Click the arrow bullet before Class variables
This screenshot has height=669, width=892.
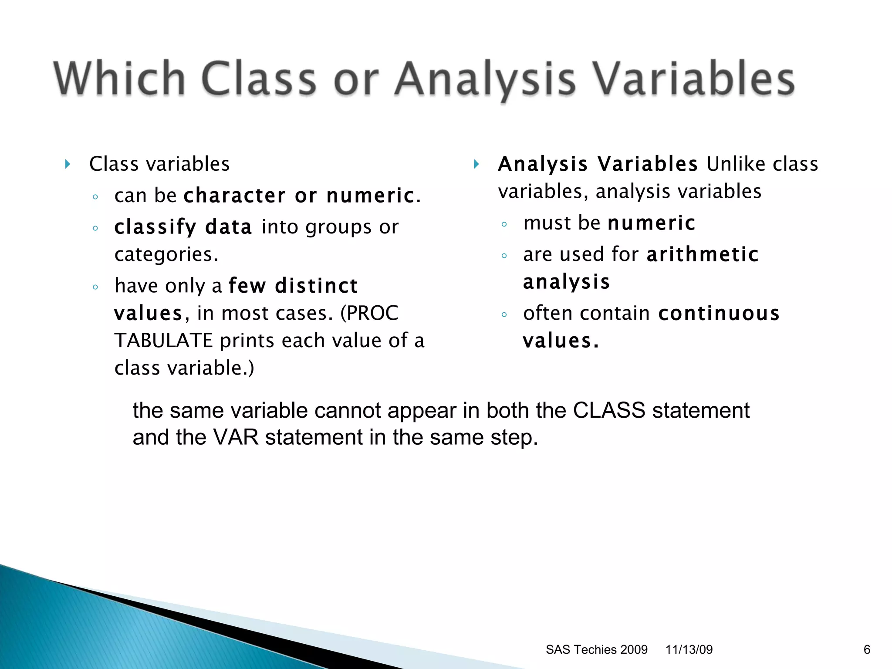click(68, 164)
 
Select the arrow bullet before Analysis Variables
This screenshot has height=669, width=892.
click(476, 164)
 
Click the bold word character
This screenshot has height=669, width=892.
click(235, 196)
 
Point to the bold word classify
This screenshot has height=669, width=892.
click(155, 227)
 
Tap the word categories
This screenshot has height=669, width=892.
click(166, 254)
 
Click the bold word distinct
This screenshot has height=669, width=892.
click(316, 286)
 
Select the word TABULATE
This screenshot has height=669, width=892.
click(163, 341)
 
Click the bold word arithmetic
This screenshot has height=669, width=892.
click(703, 254)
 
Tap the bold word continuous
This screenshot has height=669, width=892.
click(719, 314)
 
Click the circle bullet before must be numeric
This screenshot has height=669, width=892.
click(504, 224)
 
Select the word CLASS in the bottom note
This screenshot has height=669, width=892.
click(608, 410)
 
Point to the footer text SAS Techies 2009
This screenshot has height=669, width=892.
click(596, 649)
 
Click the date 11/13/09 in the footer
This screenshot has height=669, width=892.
click(689, 649)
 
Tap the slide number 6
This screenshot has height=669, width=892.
click(867, 649)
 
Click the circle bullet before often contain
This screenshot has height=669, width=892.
click(504, 314)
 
